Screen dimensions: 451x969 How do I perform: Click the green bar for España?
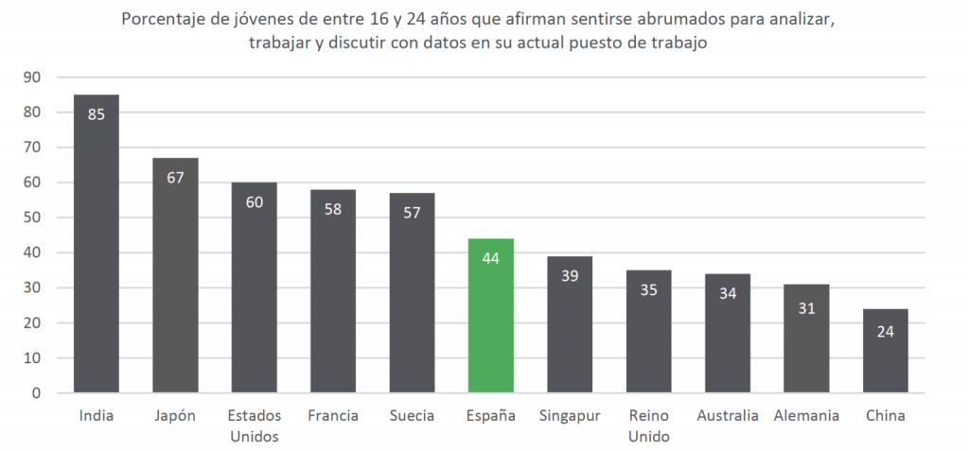coord(490,316)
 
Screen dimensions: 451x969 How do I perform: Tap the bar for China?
coord(885,351)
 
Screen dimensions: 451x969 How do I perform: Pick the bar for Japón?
coord(175,275)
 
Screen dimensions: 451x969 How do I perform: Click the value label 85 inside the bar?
coord(97,114)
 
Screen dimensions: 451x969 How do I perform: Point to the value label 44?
coord(490,258)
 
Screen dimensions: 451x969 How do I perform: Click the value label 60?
coord(254,201)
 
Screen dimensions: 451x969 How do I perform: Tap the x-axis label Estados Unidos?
coord(254,425)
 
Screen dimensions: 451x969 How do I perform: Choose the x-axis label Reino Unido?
coord(648,425)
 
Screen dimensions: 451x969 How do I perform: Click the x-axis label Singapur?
coord(569,416)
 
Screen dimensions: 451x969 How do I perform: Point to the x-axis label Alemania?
coord(805,416)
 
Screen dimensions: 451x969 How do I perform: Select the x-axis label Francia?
coord(332,416)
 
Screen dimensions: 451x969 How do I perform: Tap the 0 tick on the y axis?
coord(36,393)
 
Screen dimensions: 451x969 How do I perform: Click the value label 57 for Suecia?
coord(412,212)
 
